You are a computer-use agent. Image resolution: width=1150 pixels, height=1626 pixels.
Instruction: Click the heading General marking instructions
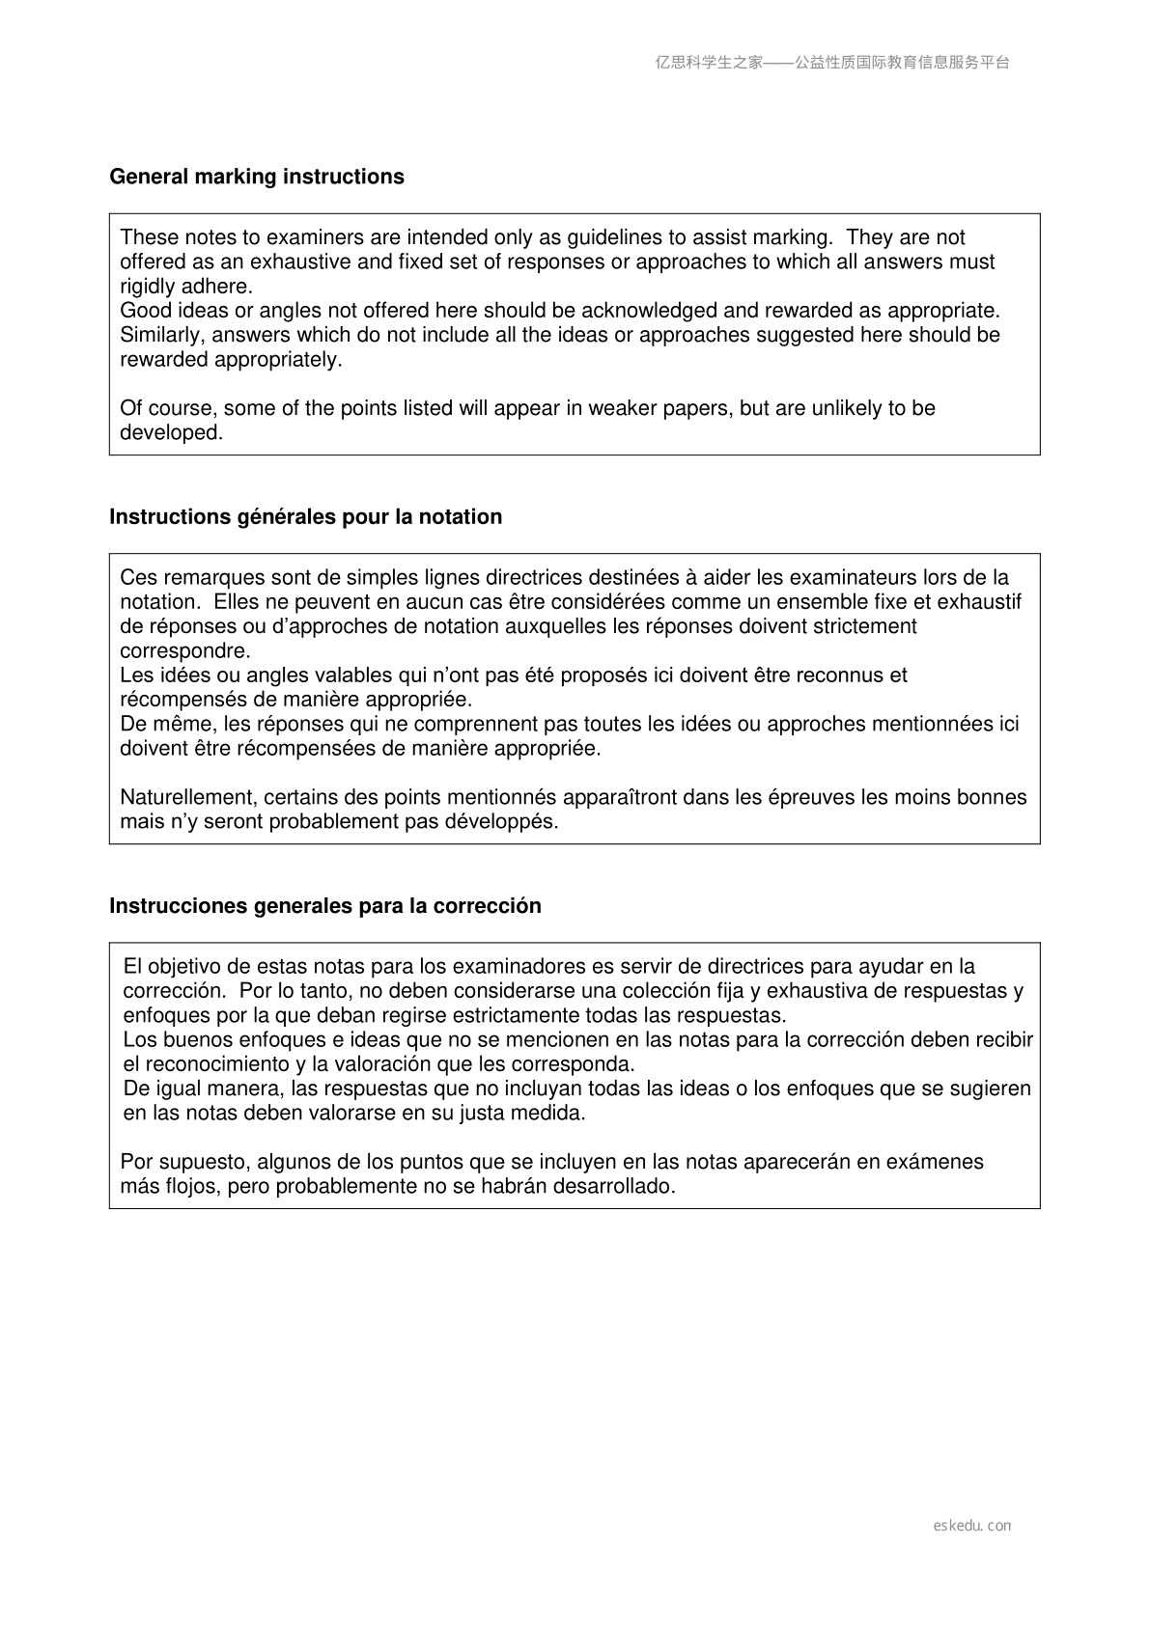[x=257, y=177]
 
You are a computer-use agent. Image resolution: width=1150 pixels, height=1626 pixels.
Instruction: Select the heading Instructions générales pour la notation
[x=305, y=516]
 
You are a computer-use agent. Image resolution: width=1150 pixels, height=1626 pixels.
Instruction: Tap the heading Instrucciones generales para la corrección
[x=324, y=906]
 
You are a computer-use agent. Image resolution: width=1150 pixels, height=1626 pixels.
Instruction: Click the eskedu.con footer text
[x=972, y=1526]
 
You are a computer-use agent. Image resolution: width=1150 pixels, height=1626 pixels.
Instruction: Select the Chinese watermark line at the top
[x=832, y=63]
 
